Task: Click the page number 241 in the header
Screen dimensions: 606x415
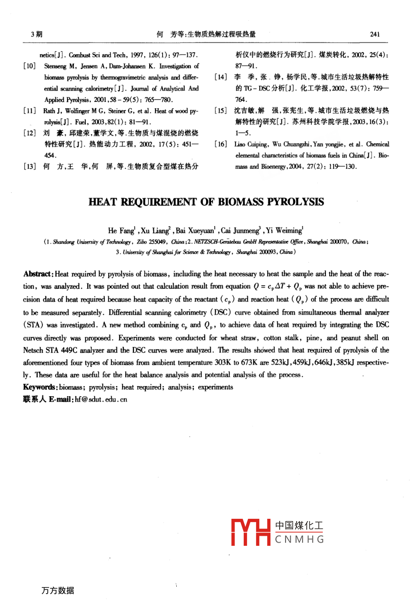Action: click(374, 34)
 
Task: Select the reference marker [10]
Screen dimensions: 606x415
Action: click(30, 66)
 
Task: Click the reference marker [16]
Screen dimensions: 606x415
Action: click(221, 144)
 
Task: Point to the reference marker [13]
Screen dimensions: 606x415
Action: click(30, 166)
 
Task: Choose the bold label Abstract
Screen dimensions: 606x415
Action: click(38, 274)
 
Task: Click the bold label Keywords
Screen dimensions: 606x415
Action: click(40, 387)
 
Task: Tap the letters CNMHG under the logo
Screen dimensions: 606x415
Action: click(300, 539)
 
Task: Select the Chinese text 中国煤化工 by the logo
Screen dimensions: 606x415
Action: click(299, 526)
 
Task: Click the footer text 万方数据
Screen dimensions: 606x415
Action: click(57, 590)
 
